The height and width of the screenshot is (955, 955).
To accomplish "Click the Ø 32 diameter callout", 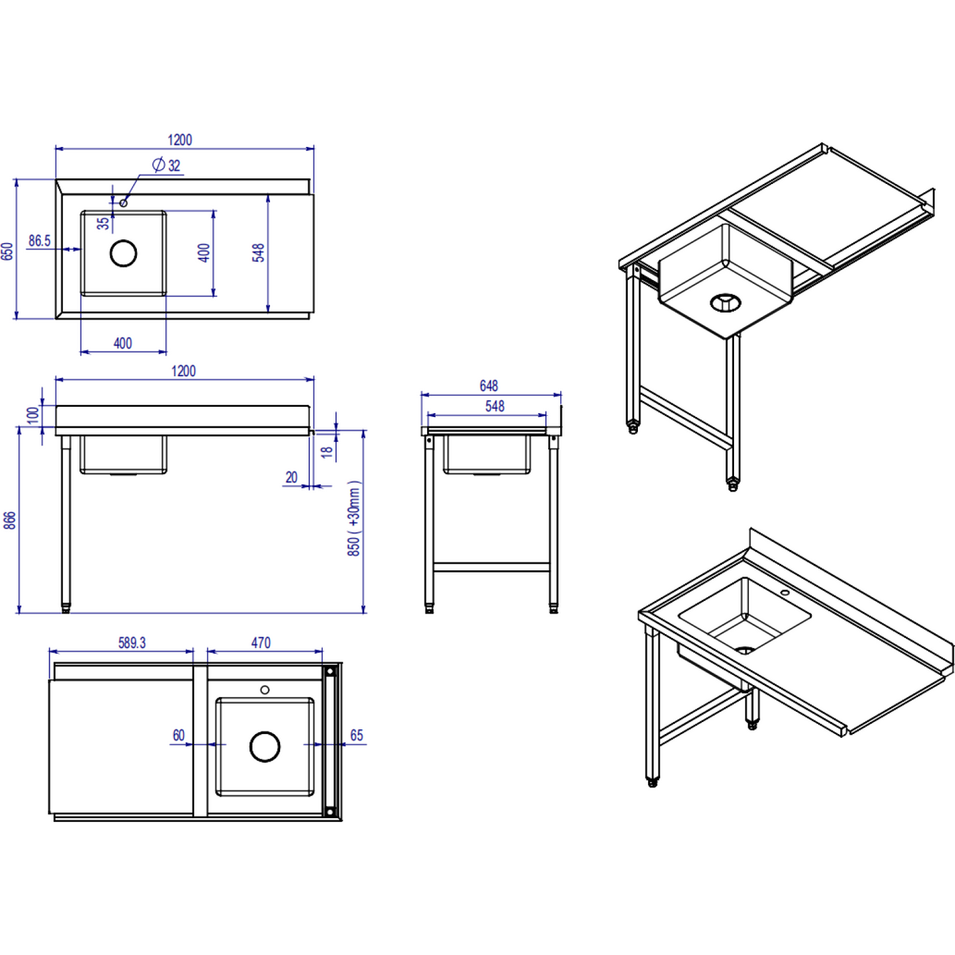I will (x=167, y=165).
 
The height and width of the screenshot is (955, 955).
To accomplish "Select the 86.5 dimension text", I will (x=39, y=241).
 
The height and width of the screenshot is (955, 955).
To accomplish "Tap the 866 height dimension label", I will (x=9, y=520).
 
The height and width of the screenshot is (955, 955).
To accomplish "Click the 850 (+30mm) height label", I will (x=354, y=519).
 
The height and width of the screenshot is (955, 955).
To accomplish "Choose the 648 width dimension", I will (x=489, y=385).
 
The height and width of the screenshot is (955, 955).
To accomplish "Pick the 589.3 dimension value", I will (x=132, y=643).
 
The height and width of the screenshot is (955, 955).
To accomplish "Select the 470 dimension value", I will (x=261, y=643).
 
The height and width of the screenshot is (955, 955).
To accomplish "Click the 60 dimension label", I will (x=179, y=736).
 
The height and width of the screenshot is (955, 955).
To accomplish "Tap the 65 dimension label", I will (x=356, y=736).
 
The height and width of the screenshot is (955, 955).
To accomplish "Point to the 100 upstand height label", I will (x=33, y=415).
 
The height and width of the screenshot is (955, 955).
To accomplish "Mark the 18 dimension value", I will (x=326, y=452).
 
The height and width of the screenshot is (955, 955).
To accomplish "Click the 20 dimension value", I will (x=292, y=477).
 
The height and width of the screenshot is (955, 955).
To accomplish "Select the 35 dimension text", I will (x=104, y=223).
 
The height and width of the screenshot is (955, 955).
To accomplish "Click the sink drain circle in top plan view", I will (x=124, y=253).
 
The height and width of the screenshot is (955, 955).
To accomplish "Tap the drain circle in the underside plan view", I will (x=265, y=747).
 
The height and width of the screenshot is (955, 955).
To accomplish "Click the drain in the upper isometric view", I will (x=725, y=302).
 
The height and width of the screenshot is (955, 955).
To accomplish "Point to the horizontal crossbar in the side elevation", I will (x=491, y=566).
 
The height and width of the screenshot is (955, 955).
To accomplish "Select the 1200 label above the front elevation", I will (x=183, y=371).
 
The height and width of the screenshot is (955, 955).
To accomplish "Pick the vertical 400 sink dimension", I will (x=204, y=253).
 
